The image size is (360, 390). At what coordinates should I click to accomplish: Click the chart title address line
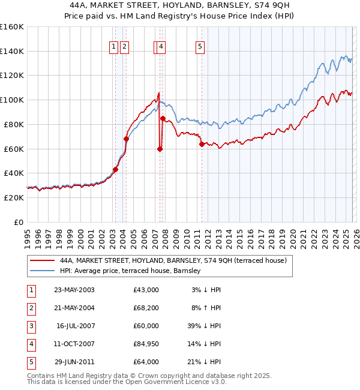pyautogui.click(x=180, y=5)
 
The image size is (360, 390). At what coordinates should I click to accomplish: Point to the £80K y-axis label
pyautogui.click(x=14, y=124)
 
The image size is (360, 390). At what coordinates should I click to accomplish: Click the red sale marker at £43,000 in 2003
pyautogui.click(x=115, y=169)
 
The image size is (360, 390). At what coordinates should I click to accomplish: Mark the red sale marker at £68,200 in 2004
pyautogui.click(x=126, y=139)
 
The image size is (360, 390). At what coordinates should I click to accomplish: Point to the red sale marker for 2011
pyautogui.click(x=202, y=144)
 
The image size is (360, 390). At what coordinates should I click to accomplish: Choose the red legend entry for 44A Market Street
pyautogui.click(x=173, y=260)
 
